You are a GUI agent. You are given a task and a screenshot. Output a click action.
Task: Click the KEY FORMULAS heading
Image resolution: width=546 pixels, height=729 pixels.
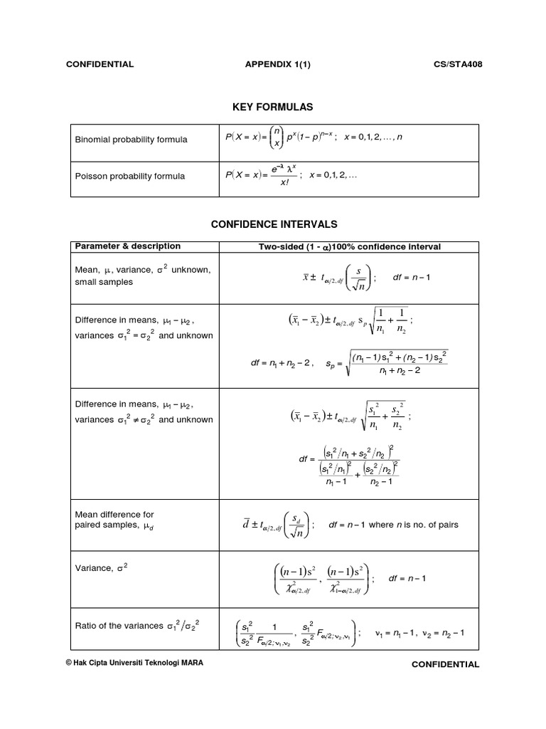273,107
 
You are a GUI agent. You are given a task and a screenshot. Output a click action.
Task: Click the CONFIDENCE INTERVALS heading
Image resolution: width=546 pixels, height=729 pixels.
273,224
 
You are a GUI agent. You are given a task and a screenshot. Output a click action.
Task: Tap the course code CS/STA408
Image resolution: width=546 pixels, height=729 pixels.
459,64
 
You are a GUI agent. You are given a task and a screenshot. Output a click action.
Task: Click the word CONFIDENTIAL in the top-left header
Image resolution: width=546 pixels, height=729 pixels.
100,64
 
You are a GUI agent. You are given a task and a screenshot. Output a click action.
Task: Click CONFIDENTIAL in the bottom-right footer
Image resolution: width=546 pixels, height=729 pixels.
445,664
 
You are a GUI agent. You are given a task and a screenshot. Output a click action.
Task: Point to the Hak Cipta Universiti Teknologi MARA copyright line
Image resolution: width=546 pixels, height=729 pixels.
134,662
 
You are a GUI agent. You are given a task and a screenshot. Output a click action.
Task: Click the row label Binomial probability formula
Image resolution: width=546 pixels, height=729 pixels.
132,140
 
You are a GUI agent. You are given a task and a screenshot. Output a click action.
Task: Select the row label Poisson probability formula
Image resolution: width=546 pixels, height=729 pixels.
130,176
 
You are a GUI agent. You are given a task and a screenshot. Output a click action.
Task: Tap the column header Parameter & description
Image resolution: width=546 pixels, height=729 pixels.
128,246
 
